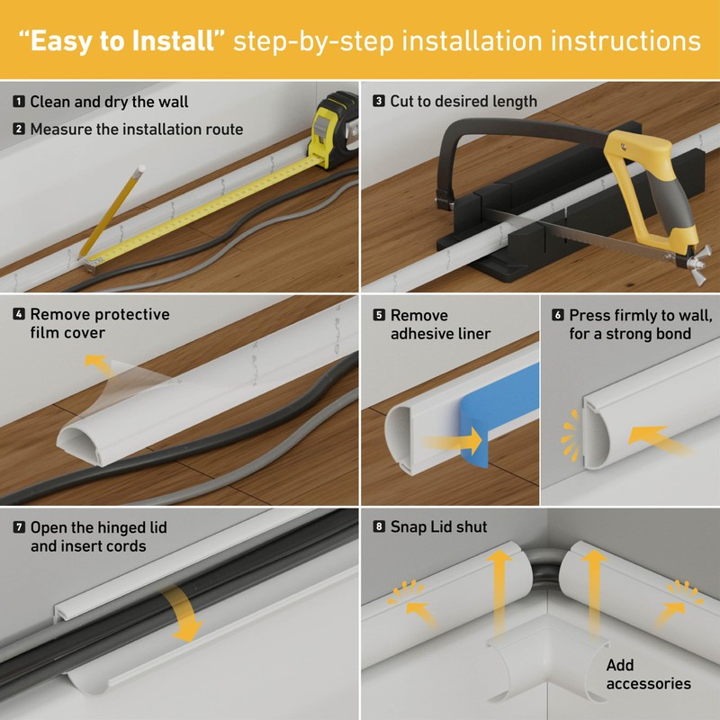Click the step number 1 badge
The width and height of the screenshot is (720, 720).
click(x=19, y=102)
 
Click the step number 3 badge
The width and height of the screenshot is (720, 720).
click(x=379, y=102)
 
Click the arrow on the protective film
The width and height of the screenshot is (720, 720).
click(x=93, y=364)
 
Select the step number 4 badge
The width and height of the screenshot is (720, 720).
click(x=19, y=315)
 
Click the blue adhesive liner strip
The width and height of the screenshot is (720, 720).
click(x=499, y=405)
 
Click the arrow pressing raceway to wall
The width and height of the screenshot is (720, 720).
click(x=654, y=438)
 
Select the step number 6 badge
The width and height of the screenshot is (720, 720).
click(x=558, y=315)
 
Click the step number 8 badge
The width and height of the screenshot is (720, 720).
click(x=379, y=526)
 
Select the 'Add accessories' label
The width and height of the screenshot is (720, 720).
click(x=648, y=675)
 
